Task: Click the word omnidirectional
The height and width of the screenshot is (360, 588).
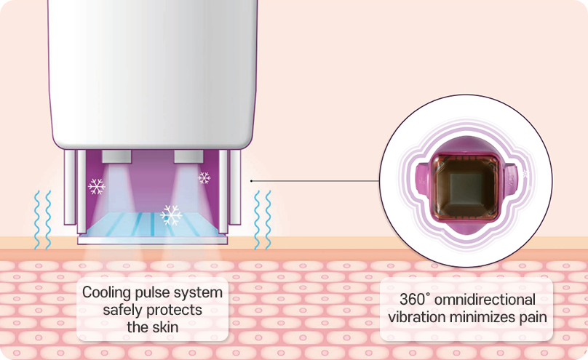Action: (485, 300)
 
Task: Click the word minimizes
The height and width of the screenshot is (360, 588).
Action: (481, 317)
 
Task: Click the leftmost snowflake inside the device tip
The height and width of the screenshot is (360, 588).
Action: (96, 186)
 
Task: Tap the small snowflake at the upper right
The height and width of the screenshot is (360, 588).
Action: (204, 178)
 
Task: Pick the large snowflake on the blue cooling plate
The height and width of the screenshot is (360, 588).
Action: (171, 215)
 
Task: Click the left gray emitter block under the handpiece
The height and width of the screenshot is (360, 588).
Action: (116, 156)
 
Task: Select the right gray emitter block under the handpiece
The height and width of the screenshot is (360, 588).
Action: (188, 156)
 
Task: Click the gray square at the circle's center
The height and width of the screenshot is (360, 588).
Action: (466, 185)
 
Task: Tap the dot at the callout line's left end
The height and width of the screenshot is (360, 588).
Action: (251, 181)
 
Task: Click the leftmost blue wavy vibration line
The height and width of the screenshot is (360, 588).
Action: (36, 220)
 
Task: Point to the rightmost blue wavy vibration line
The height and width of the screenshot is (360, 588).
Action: (269, 220)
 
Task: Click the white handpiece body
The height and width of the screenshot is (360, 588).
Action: (153, 73)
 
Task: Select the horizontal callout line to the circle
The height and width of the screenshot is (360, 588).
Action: (315, 181)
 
